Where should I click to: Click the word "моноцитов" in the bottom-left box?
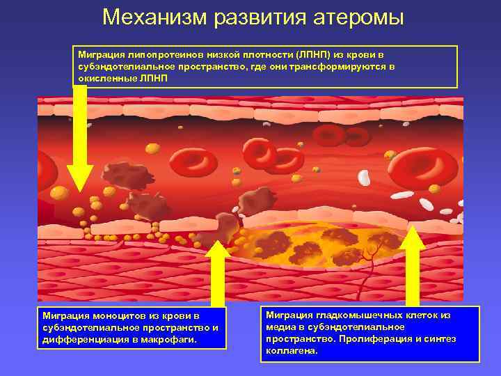pyautogui.click(x=116, y=317)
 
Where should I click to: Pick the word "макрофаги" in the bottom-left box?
pyautogui.click(x=170, y=340)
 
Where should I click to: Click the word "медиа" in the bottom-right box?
pyautogui.click(x=278, y=327)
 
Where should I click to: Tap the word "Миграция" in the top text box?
pyautogui.click(x=100, y=54)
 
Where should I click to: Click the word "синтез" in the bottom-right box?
pyautogui.click(x=439, y=339)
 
